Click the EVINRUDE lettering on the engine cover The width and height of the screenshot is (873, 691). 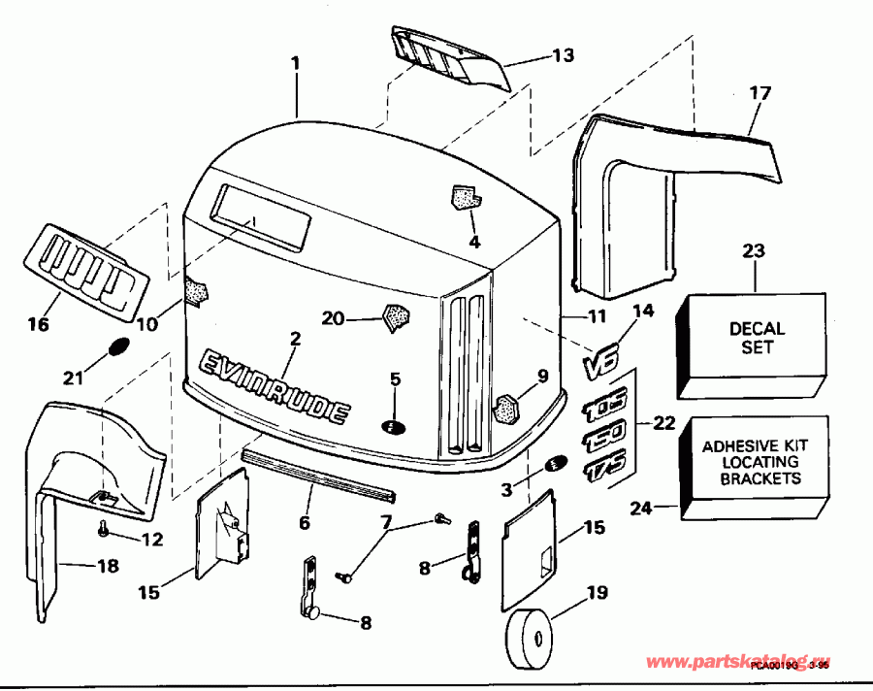(275, 389)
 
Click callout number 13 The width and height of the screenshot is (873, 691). (564, 54)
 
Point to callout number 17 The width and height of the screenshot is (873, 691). (760, 94)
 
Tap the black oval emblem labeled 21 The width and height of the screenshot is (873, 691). (116, 346)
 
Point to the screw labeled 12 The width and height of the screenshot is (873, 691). (102, 529)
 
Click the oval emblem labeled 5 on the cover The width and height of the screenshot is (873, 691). (394, 427)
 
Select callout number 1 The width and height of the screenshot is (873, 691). (295, 63)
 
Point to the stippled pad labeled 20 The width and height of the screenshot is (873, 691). (396, 317)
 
